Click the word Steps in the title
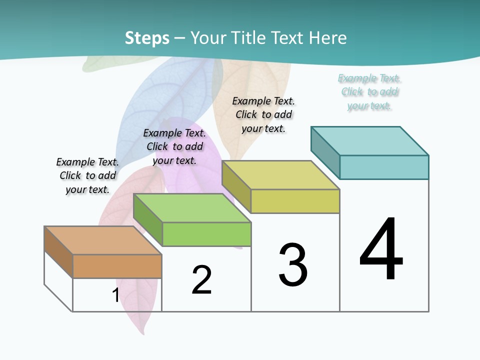click(x=147, y=38)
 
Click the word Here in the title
click(x=327, y=38)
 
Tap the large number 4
click(x=381, y=250)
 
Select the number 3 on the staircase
click(x=293, y=265)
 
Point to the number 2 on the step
click(x=202, y=280)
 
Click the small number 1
click(x=115, y=295)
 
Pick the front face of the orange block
click(x=117, y=266)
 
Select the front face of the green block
click(x=206, y=234)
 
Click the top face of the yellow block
click(x=280, y=175)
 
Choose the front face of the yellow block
click(x=295, y=201)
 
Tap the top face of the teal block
click(x=369, y=141)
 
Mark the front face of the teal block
click(x=384, y=167)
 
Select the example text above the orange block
click(x=87, y=175)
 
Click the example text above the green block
click(x=174, y=146)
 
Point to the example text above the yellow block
click(x=263, y=114)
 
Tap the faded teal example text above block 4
click(x=369, y=92)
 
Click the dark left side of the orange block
click(x=58, y=250)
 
